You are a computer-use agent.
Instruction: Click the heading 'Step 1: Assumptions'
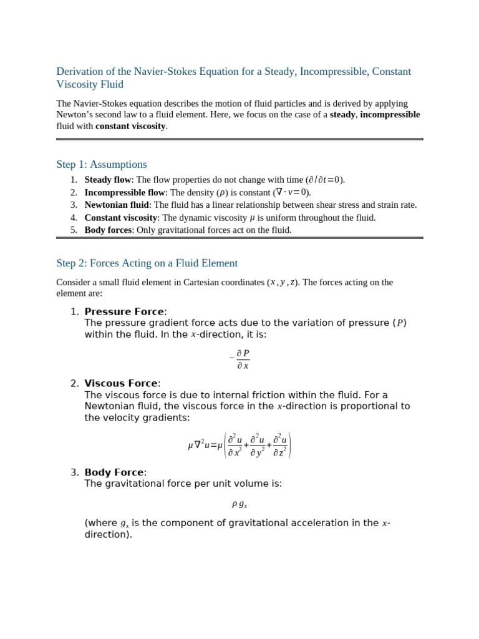[x=102, y=165]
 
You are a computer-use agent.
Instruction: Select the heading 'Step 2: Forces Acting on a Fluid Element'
[x=147, y=263]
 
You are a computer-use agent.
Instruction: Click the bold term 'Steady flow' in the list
[x=107, y=180]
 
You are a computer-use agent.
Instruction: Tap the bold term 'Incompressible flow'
[x=124, y=192]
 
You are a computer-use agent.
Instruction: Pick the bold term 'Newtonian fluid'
[x=117, y=205]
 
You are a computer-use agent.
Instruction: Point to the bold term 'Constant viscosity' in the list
[x=120, y=218]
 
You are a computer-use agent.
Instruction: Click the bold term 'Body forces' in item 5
[x=108, y=230]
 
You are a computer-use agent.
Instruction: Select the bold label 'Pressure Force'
[x=124, y=312]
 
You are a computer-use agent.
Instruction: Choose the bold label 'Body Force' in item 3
[x=114, y=472]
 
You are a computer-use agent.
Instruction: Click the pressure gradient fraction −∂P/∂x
[x=240, y=359]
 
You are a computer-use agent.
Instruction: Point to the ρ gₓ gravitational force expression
[x=239, y=504]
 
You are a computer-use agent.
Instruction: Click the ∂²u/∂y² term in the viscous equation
[x=258, y=446]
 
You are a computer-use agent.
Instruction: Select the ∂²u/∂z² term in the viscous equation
[x=280, y=446]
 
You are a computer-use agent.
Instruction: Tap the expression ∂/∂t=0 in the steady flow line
[x=324, y=180]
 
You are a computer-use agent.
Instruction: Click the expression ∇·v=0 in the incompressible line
[x=291, y=192]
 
